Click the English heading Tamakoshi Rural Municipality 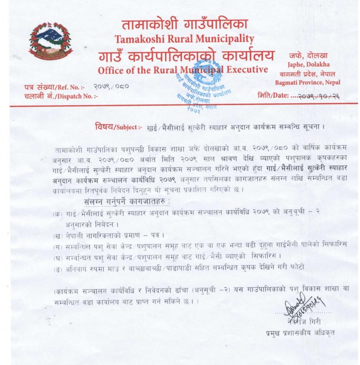click(x=184, y=39)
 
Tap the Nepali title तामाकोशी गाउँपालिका click(x=184, y=24)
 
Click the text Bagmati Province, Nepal click(x=307, y=82)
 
